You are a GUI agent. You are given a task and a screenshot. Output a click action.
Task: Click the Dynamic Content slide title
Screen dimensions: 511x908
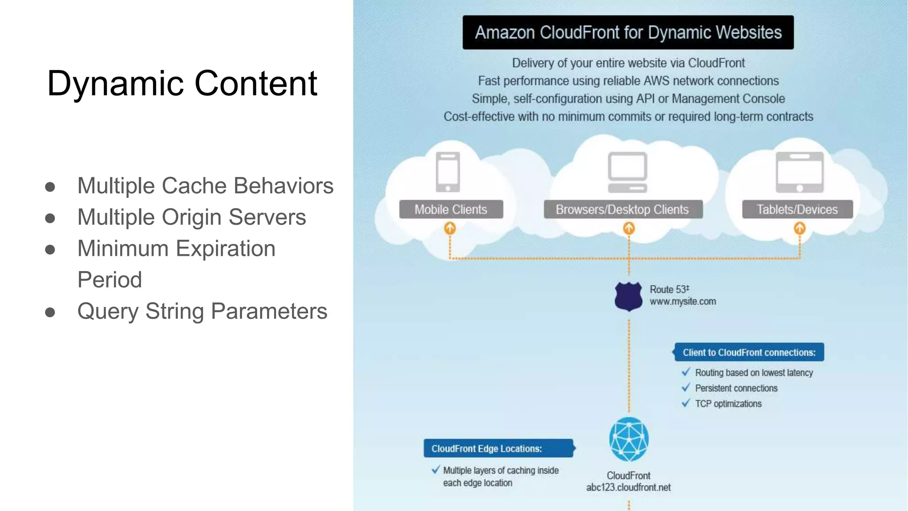point(182,83)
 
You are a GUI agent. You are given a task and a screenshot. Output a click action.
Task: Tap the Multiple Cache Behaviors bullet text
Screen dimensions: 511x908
point(205,185)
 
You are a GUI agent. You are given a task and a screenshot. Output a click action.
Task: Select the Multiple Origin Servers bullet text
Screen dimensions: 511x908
point(191,217)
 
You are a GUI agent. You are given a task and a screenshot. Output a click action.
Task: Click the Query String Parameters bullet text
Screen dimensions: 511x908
point(202,311)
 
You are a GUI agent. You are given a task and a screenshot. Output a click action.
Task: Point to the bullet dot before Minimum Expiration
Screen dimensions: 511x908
point(50,249)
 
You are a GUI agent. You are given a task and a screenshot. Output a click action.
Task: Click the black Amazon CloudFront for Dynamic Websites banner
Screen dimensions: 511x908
point(628,32)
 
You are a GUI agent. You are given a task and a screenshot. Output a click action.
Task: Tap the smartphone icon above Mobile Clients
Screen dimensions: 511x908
point(448,172)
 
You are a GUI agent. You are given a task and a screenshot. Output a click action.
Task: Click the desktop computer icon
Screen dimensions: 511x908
point(627,172)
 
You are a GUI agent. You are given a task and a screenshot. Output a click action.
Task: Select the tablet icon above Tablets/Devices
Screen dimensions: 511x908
point(799,172)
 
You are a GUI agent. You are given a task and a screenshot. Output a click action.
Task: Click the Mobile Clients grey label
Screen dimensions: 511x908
point(451,209)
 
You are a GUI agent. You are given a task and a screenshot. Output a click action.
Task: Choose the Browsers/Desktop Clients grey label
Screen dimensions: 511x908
point(622,209)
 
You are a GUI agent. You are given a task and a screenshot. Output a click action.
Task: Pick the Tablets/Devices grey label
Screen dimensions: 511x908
point(797,209)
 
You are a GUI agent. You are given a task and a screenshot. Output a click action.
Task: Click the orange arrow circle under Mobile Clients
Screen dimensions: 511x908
point(450,228)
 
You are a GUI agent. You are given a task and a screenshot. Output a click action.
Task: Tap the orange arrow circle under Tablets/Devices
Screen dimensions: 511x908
point(799,228)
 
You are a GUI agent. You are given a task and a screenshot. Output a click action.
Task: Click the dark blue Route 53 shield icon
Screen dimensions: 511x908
point(628,296)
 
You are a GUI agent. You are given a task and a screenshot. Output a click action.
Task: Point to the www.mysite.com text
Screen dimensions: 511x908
point(682,302)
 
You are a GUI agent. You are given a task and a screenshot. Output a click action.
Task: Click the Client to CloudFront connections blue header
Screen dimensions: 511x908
point(749,352)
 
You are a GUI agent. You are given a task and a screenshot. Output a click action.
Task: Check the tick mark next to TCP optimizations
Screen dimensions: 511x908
point(686,403)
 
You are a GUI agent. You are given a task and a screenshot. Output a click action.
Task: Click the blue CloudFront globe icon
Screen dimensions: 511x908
point(629,439)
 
